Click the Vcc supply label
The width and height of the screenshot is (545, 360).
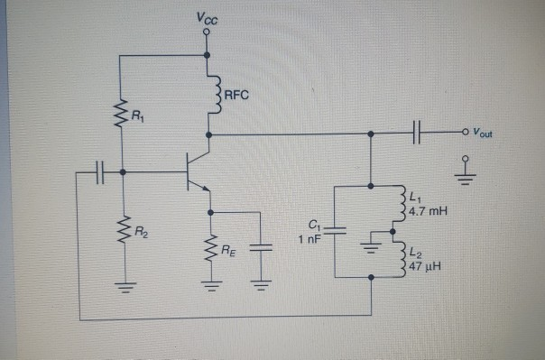point(207,18)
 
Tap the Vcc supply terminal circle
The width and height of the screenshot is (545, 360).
point(208,32)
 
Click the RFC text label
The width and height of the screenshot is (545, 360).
point(236,90)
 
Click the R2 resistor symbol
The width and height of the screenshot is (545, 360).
point(121,233)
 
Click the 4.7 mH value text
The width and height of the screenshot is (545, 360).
point(428,211)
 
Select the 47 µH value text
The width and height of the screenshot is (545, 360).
point(425,266)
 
